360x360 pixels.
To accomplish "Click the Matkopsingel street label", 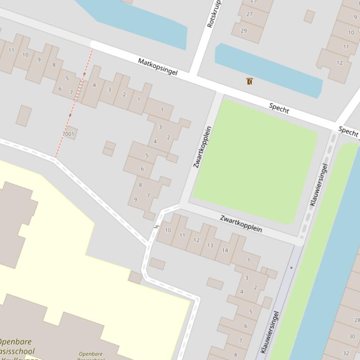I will (158, 67).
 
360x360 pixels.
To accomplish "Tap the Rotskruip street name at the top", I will (213, 14).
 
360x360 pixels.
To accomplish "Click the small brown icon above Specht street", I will (250, 81).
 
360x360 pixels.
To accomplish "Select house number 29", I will (243, 31).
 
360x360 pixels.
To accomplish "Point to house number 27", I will (250, 14).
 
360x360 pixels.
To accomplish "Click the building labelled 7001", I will (68, 134).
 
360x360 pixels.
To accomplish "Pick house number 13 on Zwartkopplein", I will (210, 245).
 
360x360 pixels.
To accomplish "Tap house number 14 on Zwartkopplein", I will (225, 250).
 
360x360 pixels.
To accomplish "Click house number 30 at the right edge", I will (352, 336).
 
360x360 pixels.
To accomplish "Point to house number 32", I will (346, 353).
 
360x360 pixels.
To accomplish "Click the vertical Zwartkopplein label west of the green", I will (203, 147).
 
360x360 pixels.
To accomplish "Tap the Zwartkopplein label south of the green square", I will (241, 224).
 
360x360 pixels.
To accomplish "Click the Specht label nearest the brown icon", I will (279, 109).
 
